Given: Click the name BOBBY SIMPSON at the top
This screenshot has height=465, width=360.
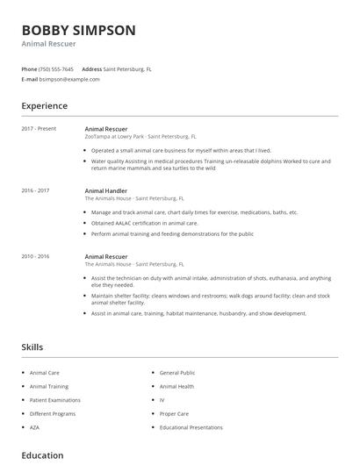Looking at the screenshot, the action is [x=78, y=31].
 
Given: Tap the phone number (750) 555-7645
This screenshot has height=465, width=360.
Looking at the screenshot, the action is [x=57, y=68].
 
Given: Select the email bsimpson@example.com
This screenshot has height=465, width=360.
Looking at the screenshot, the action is [x=69, y=79].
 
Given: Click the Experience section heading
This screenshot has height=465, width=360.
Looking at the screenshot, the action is [x=45, y=106].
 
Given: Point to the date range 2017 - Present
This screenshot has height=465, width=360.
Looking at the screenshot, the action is [x=39, y=129].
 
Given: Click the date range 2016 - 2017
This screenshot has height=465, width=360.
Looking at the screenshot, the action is [x=35, y=190].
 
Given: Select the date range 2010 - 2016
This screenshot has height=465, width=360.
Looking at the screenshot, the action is [x=35, y=256].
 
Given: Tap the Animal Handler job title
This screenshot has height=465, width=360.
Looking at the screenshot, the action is [x=106, y=190].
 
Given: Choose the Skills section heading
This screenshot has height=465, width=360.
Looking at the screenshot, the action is [x=32, y=347].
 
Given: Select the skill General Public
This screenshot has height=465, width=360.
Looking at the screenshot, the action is [x=178, y=372].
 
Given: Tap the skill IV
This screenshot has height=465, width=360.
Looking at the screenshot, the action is [x=162, y=399].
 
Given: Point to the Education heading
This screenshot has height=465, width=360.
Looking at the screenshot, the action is [x=42, y=455].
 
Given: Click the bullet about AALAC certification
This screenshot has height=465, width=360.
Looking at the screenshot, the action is [x=145, y=223].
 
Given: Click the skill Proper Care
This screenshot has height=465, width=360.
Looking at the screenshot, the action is [x=175, y=413].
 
